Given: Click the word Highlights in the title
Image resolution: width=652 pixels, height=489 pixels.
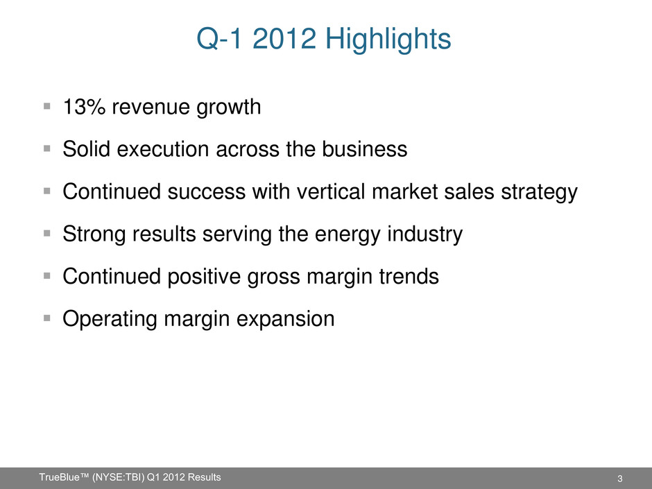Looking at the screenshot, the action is coord(388,40).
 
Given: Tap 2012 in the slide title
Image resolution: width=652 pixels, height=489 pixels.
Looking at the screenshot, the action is coord(284,39).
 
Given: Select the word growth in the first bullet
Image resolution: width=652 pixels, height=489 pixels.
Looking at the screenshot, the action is coord(228,108).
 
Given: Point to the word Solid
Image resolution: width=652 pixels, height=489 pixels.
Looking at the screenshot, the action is coord(87,149).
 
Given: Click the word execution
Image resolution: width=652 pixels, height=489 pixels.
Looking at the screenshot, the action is coord(162,149).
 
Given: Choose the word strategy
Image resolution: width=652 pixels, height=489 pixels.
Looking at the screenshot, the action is coord(540,193).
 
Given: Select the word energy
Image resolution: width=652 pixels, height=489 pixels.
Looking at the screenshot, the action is coord(348,235).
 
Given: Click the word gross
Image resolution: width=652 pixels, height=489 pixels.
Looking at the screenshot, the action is coord(273,277).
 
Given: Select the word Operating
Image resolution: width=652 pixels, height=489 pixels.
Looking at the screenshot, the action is coord(110,320).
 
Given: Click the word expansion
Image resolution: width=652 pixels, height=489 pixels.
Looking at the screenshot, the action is coord(285,320).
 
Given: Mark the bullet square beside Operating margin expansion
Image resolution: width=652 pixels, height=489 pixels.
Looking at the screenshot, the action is coord(47,318).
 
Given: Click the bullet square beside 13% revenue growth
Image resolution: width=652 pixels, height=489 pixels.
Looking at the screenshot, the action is coord(47,106).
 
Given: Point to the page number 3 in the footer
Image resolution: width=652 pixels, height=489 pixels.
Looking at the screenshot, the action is coord(620,479).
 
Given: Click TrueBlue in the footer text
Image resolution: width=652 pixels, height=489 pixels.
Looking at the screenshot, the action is coord(59,477).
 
